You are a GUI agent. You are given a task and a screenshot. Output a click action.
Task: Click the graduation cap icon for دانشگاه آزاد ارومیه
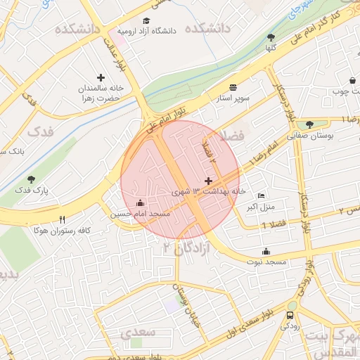pyautogui.click(x=146, y=21)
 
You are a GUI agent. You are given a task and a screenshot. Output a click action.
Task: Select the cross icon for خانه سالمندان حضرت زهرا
pyautogui.click(x=101, y=77)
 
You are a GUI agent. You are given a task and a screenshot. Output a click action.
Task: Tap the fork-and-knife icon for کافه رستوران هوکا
pyautogui.click(x=63, y=219)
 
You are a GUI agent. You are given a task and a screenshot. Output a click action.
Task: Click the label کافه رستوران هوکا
pyautogui.click(x=63, y=230)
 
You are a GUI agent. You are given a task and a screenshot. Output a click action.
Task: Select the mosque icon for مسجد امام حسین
pyautogui.click(x=139, y=203)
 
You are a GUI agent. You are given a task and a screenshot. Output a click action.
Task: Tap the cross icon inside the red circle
pyautogui.click(x=208, y=181)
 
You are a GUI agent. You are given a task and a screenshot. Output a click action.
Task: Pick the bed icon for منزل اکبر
pyautogui.click(x=262, y=195)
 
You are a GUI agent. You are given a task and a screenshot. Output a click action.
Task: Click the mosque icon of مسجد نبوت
pyautogui.click(x=266, y=251)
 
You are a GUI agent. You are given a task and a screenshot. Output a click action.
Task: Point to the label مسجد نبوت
pyautogui.click(x=266, y=262)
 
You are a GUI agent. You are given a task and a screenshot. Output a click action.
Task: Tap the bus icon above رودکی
pyautogui.click(x=291, y=314)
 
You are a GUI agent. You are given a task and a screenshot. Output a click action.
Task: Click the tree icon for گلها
pyautogui.click(x=271, y=37)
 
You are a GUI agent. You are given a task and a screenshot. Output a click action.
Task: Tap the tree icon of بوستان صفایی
pyautogui.click(x=309, y=124)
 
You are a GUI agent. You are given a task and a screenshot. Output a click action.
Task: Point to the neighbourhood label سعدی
pyautogui.click(x=134, y=331)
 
